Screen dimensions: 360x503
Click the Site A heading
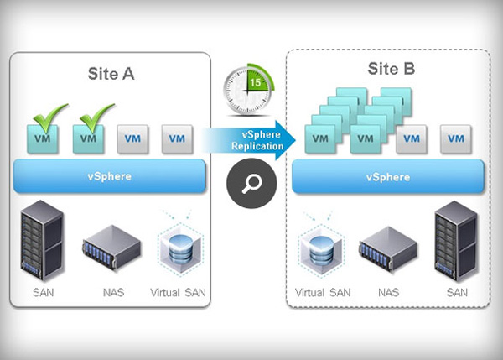point(111,74)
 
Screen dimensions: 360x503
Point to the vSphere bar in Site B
point(387,178)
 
